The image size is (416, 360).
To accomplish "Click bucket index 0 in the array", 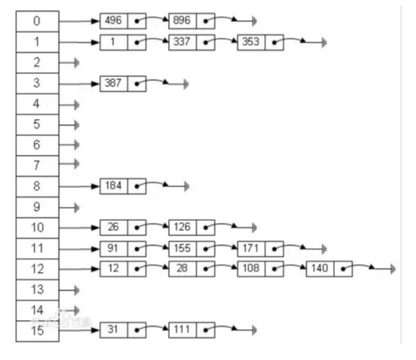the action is [x=38, y=21].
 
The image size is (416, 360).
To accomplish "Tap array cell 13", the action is [x=38, y=290].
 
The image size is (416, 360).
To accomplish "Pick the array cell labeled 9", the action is [x=38, y=207].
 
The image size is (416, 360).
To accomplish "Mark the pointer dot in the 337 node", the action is [x=206, y=42].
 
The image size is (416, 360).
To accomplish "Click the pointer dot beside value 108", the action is [x=275, y=269].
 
